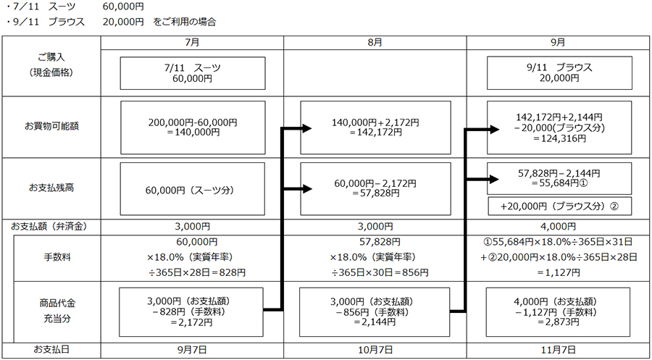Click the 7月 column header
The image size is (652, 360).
[192, 43]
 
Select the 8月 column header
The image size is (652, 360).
[375, 43]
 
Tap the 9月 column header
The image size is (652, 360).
[558, 43]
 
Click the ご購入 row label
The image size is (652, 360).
[51, 65]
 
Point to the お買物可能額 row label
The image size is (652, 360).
[51, 127]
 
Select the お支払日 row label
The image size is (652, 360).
[51, 350]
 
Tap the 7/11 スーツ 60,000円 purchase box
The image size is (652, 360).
[192, 72]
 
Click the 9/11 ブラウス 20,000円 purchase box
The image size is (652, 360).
[559, 72]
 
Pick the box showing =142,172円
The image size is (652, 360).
[375, 127]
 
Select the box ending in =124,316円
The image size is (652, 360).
[559, 127]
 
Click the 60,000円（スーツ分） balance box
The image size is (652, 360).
[192, 191]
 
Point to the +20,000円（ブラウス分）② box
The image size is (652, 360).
[559, 206]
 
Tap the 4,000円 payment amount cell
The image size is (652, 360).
[558, 227]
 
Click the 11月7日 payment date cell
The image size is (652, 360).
[558, 350]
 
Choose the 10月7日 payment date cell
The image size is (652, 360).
[375, 350]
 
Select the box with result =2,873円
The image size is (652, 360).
[559, 311]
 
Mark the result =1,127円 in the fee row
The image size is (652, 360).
[559, 272]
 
